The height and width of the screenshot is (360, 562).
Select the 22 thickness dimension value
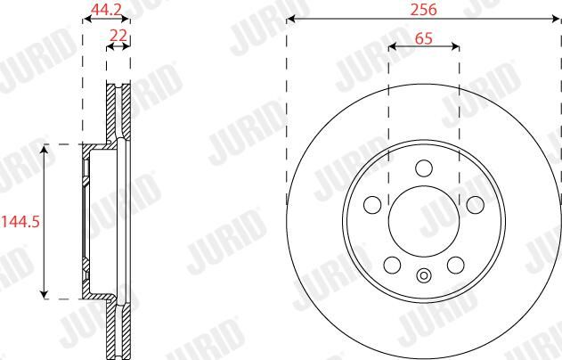(118, 36)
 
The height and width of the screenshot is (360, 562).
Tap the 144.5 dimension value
(20, 222)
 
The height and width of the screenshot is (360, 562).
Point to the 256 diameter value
(424, 10)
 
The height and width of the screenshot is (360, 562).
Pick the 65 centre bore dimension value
(424, 38)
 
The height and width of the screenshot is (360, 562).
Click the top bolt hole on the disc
(424, 168)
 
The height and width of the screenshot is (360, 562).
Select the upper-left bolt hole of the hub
(372, 204)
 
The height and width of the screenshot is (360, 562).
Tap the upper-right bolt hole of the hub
(476, 204)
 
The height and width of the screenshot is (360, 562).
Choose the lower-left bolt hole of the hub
(392, 265)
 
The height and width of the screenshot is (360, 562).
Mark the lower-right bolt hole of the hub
(455, 265)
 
